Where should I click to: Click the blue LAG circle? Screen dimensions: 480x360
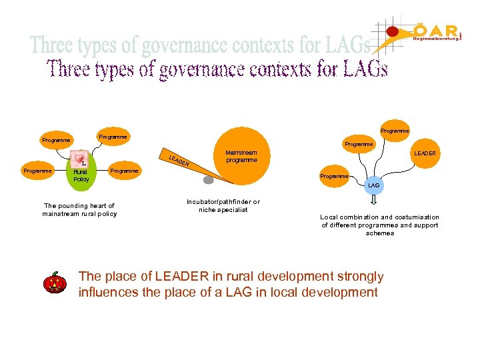point(374,185)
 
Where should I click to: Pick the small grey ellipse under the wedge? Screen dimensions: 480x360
point(209,180)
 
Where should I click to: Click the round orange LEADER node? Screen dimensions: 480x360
point(425,154)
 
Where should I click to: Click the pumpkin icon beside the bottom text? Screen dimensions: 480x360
point(54,283)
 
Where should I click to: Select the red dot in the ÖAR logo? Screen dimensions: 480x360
point(393,31)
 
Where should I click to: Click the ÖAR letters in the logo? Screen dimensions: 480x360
point(436,30)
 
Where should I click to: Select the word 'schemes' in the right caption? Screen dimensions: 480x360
point(380,233)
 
